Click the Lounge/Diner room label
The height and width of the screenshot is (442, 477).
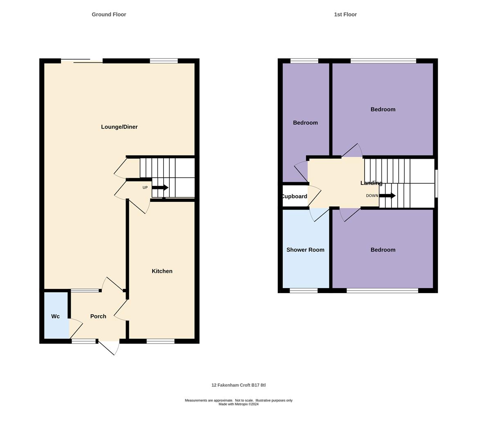click(119, 127)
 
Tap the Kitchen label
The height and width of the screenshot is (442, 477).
click(162, 271)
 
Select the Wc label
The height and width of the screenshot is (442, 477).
click(56, 316)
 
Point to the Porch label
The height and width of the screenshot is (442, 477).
click(98, 316)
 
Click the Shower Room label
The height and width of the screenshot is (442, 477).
click(305, 250)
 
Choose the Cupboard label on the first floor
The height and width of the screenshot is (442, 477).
click(294, 196)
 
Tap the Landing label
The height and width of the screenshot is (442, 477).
click(371, 183)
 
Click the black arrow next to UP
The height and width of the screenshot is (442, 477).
click(160, 187)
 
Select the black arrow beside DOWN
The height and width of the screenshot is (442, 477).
click(387, 196)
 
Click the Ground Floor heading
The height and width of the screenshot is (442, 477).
click(109, 14)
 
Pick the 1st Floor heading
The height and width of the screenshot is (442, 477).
click(345, 14)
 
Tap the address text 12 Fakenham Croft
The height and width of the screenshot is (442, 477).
click(239, 385)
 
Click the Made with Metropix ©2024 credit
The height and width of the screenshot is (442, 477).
click(239, 404)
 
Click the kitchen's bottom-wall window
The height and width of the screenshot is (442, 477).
click(160, 341)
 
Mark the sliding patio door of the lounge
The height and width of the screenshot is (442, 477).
click(82, 61)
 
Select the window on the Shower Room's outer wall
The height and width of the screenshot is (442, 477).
click(304, 291)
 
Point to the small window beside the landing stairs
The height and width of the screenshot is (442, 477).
click(436, 183)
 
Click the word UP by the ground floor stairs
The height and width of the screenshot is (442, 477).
click(145, 187)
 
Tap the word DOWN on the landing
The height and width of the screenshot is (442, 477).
click(372, 196)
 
